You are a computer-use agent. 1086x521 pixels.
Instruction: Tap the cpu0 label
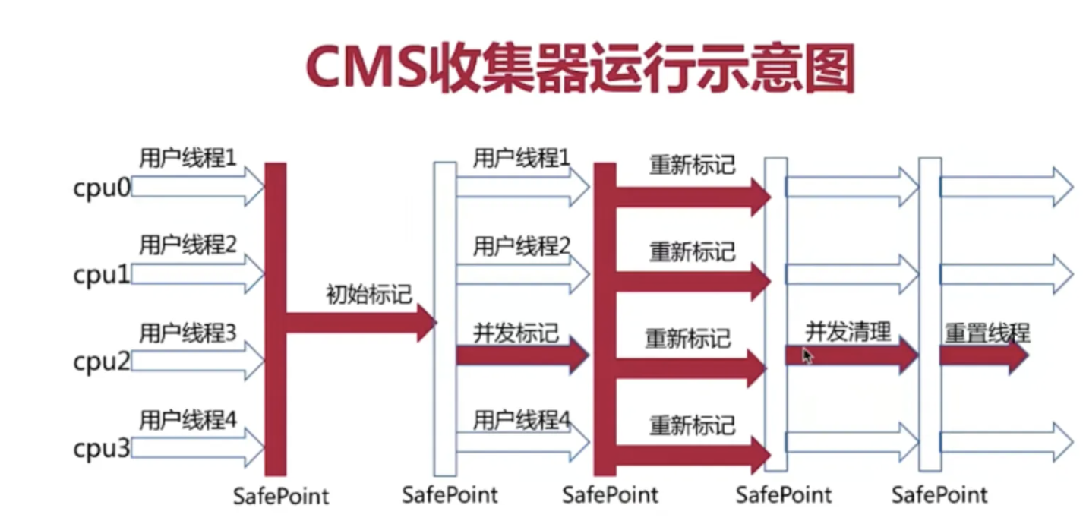(x=102, y=188)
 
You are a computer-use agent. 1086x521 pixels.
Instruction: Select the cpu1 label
(x=102, y=275)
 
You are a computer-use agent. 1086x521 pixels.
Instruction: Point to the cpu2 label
(x=102, y=362)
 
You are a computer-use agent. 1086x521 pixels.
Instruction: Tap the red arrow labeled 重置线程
(x=984, y=356)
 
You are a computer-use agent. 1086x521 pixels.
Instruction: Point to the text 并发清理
(x=848, y=331)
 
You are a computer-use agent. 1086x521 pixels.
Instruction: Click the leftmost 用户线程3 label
(x=188, y=333)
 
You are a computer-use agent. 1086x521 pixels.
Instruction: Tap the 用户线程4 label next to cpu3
(x=188, y=419)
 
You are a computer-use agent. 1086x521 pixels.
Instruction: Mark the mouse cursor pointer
(x=807, y=355)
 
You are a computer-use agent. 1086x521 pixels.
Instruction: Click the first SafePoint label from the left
(x=282, y=496)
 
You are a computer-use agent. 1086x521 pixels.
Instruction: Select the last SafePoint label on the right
(x=939, y=495)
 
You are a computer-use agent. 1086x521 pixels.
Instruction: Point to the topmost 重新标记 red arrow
(x=691, y=196)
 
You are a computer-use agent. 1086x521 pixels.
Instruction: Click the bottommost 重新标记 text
(x=692, y=425)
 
